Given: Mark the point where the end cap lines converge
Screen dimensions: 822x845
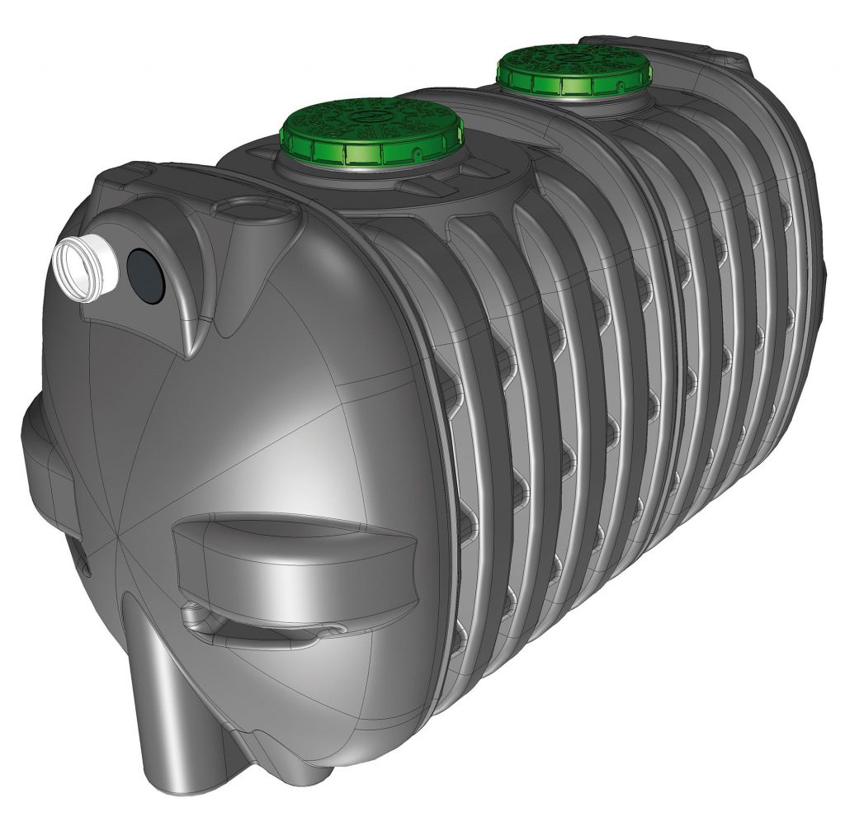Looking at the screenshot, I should [118, 541].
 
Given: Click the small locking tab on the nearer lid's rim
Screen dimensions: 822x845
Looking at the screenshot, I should [418, 152].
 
